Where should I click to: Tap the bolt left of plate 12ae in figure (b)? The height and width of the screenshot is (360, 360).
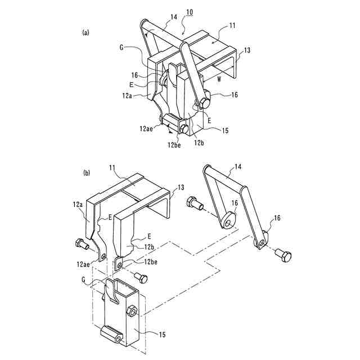(x=80, y=244)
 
